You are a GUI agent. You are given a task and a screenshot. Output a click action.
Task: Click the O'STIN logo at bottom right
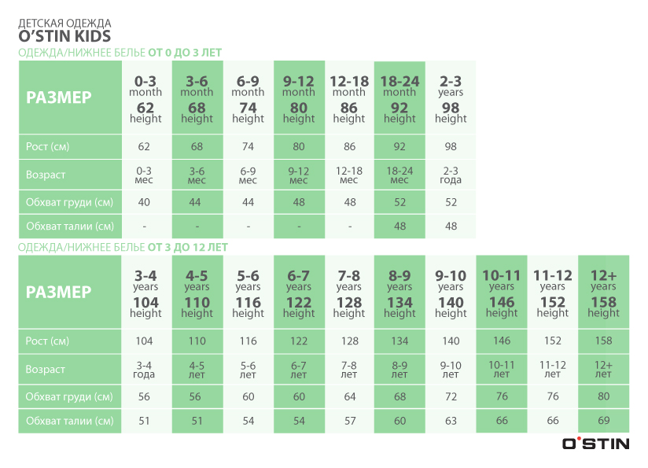pyautogui.click(x=595, y=444)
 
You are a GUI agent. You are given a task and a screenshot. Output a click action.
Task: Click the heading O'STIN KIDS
pyautogui.click(x=64, y=37)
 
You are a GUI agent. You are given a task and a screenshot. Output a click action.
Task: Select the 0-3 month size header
pyautogui.click(x=145, y=98)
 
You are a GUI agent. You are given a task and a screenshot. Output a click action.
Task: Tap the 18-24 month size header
pyautogui.click(x=399, y=98)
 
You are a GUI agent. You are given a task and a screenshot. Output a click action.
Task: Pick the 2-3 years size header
pyautogui.click(x=451, y=98)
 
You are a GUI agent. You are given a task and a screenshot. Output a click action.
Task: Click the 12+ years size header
pyautogui.click(x=603, y=293)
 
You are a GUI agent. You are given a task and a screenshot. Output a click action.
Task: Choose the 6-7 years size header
pyautogui.click(x=299, y=293)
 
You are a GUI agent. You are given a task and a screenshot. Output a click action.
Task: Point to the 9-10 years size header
pyautogui.click(x=451, y=293)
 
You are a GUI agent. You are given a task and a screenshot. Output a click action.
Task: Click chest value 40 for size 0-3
pyautogui.click(x=145, y=202)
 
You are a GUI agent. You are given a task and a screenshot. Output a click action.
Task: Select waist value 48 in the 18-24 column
pyautogui.click(x=399, y=226)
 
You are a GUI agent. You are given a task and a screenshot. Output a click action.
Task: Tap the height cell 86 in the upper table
pyautogui.click(x=349, y=146)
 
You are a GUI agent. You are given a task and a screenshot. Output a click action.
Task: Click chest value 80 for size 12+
pyautogui.click(x=603, y=396)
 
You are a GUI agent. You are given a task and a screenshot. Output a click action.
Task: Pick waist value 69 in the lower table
pyautogui.click(x=603, y=421)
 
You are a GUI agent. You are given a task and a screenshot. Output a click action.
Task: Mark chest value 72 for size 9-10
pyautogui.click(x=451, y=396)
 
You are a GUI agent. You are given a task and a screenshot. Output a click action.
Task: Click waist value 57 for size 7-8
pyautogui.click(x=349, y=421)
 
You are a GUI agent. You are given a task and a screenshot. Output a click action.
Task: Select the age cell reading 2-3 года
pyautogui.click(x=451, y=175)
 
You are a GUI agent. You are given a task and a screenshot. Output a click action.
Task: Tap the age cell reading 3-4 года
pyautogui.click(x=145, y=370)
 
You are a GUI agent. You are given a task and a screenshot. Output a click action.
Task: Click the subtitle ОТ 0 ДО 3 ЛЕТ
pyautogui.click(x=185, y=53)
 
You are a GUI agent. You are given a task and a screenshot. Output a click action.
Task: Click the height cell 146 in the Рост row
pyautogui.click(x=502, y=341)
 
